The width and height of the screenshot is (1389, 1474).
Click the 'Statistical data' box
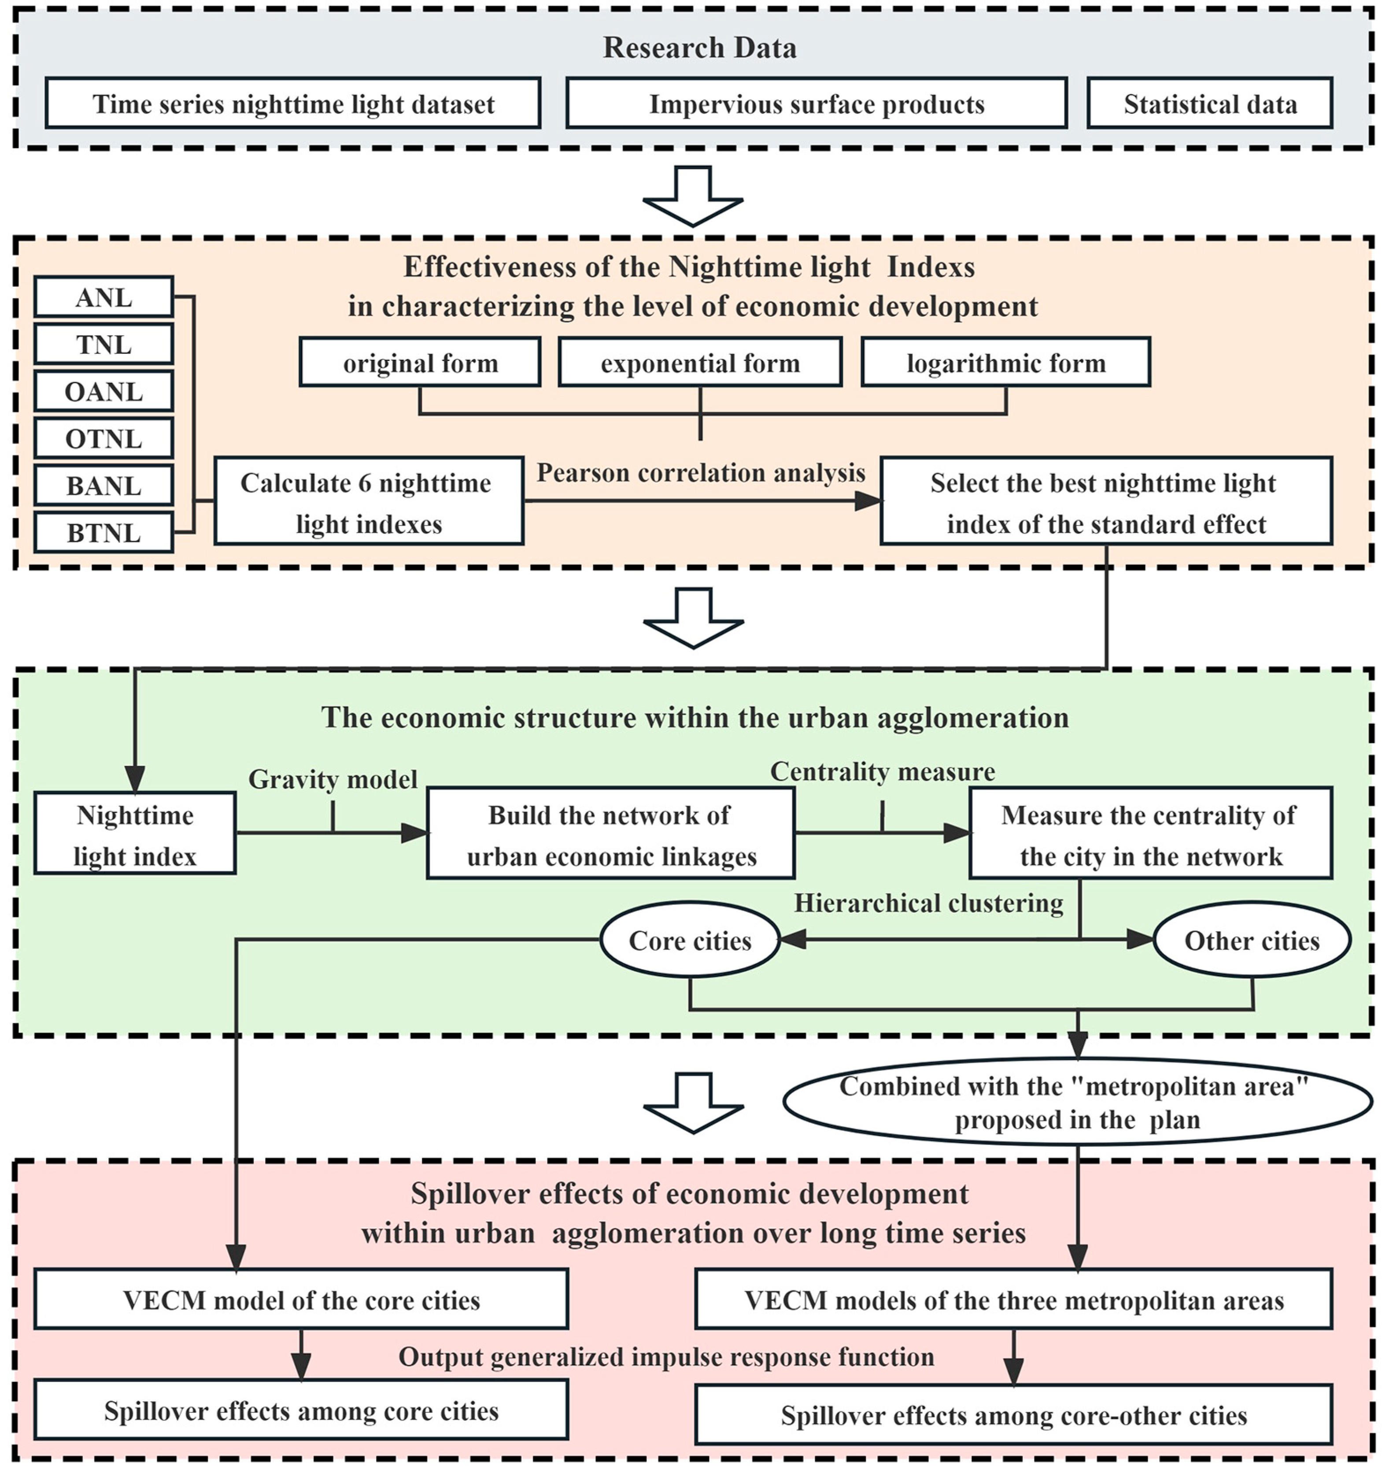[1210, 104]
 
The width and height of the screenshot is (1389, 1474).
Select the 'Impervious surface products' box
[816, 104]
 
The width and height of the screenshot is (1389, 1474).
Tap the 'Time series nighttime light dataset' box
[293, 104]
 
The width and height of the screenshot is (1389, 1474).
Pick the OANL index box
[104, 392]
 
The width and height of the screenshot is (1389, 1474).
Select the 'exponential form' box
[700, 363]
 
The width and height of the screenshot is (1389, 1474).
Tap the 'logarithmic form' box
[1006, 363]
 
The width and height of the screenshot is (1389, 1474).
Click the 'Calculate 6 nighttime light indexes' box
[368, 502]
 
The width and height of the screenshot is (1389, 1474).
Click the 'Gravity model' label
[333, 779]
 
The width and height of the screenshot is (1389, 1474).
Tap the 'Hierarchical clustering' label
[928, 903]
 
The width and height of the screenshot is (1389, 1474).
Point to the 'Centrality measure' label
[882, 771]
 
